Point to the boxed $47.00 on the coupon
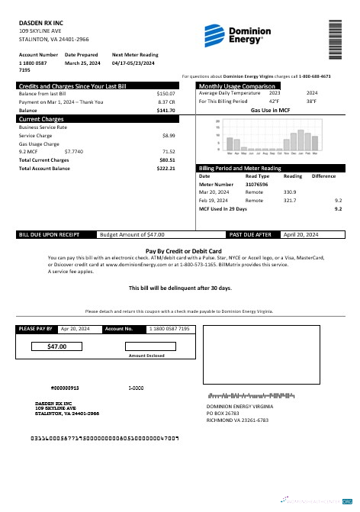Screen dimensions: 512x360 pyautogui.click(x=57, y=346)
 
